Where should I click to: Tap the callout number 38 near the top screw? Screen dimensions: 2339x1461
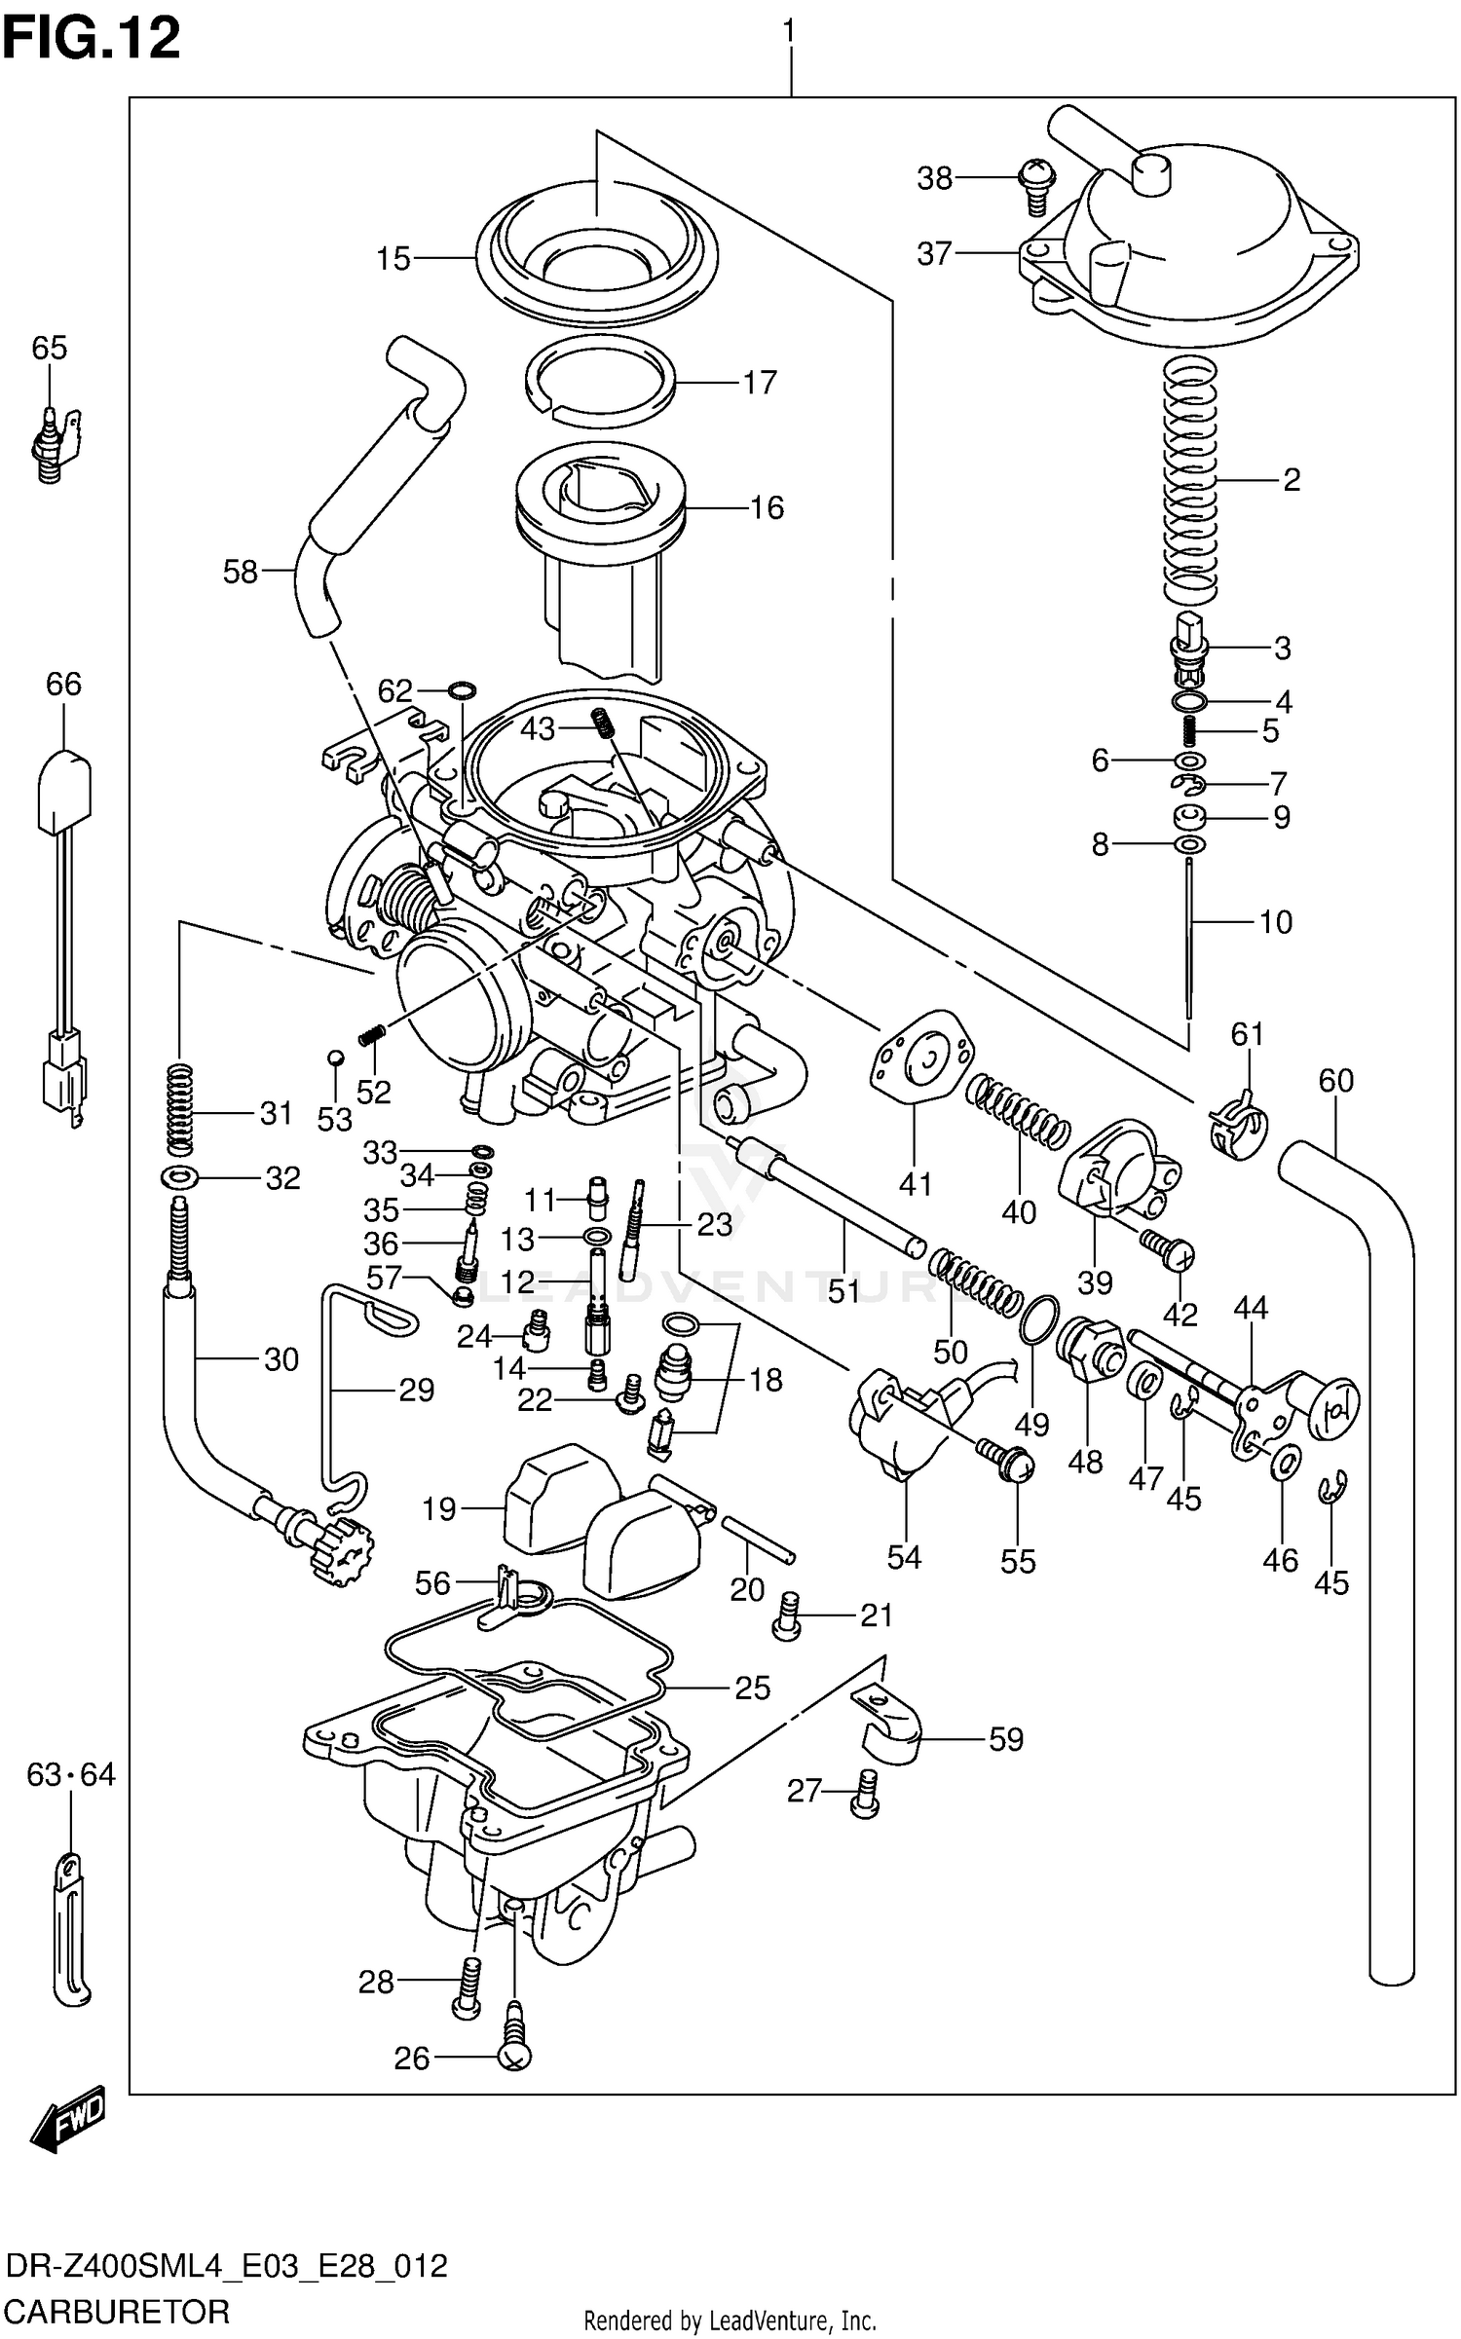click(x=934, y=178)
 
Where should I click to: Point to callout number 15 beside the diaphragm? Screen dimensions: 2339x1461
click(x=393, y=259)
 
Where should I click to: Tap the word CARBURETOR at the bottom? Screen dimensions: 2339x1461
click(x=117, y=2311)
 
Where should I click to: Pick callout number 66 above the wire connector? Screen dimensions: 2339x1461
click(x=63, y=684)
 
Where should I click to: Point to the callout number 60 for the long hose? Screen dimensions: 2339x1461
click(x=1335, y=1080)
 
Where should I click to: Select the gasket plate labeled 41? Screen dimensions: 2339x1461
click(x=919, y=1058)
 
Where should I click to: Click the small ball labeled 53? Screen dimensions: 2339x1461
click(x=334, y=1058)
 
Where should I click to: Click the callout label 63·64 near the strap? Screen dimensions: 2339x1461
click(x=70, y=1774)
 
